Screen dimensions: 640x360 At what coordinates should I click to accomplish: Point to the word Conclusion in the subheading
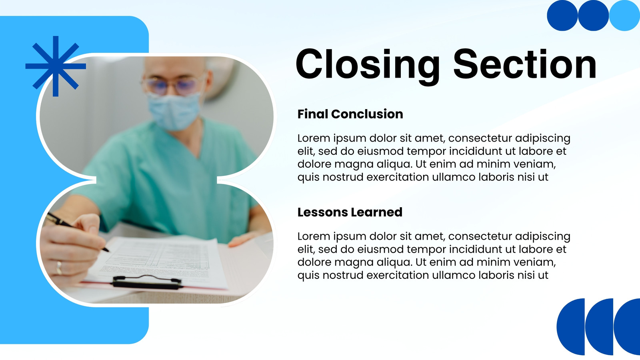tap(367, 114)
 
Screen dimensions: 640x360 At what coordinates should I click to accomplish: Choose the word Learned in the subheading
tap(376, 212)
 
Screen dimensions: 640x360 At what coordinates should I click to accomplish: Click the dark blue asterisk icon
tap(56, 66)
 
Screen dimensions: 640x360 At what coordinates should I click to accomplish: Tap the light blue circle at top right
tap(624, 16)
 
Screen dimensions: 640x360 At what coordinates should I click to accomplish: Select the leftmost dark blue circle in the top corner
tap(562, 16)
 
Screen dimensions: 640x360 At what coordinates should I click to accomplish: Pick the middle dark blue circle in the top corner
tap(593, 16)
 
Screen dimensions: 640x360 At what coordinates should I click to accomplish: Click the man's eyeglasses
tap(173, 85)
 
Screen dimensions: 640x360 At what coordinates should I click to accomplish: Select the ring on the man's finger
tap(59, 268)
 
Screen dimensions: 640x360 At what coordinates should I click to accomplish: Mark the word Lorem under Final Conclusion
tap(314, 138)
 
